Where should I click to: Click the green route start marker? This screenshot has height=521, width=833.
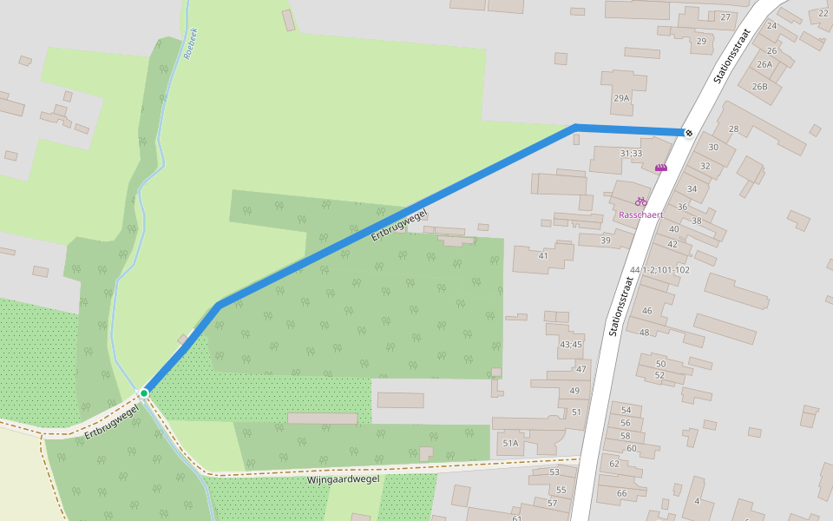(x=144, y=393)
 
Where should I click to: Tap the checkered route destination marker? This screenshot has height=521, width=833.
(x=688, y=133)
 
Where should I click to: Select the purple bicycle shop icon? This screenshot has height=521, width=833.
(x=640, y=201)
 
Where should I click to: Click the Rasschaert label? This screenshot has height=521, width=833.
(x=640, y=214)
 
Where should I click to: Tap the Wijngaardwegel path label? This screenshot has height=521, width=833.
(x=343, y=479)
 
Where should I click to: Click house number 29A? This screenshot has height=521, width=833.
(x=621, y=98)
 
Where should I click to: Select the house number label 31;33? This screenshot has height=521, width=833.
(x=631, y=154)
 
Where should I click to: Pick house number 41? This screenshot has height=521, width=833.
(x=543, y=255)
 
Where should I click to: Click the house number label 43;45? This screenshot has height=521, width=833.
(x=570, y=345)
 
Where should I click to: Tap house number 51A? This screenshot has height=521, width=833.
(x=510, y=444)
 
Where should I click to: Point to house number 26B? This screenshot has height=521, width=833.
(x=759, y=86)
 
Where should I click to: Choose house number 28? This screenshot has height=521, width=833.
(x=733, y=129)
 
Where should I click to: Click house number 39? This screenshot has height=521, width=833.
(x=606, y=241)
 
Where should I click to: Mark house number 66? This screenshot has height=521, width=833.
(x=621, y=493)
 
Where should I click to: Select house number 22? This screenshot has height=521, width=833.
(x=823, y=13)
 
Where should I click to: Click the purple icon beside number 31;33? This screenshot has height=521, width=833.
(x=661, y=168)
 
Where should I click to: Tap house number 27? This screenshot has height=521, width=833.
(x=725, y=17)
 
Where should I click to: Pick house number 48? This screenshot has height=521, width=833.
(x=644, y=333)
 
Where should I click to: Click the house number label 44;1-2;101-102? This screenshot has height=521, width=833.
(x=660, y=270)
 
